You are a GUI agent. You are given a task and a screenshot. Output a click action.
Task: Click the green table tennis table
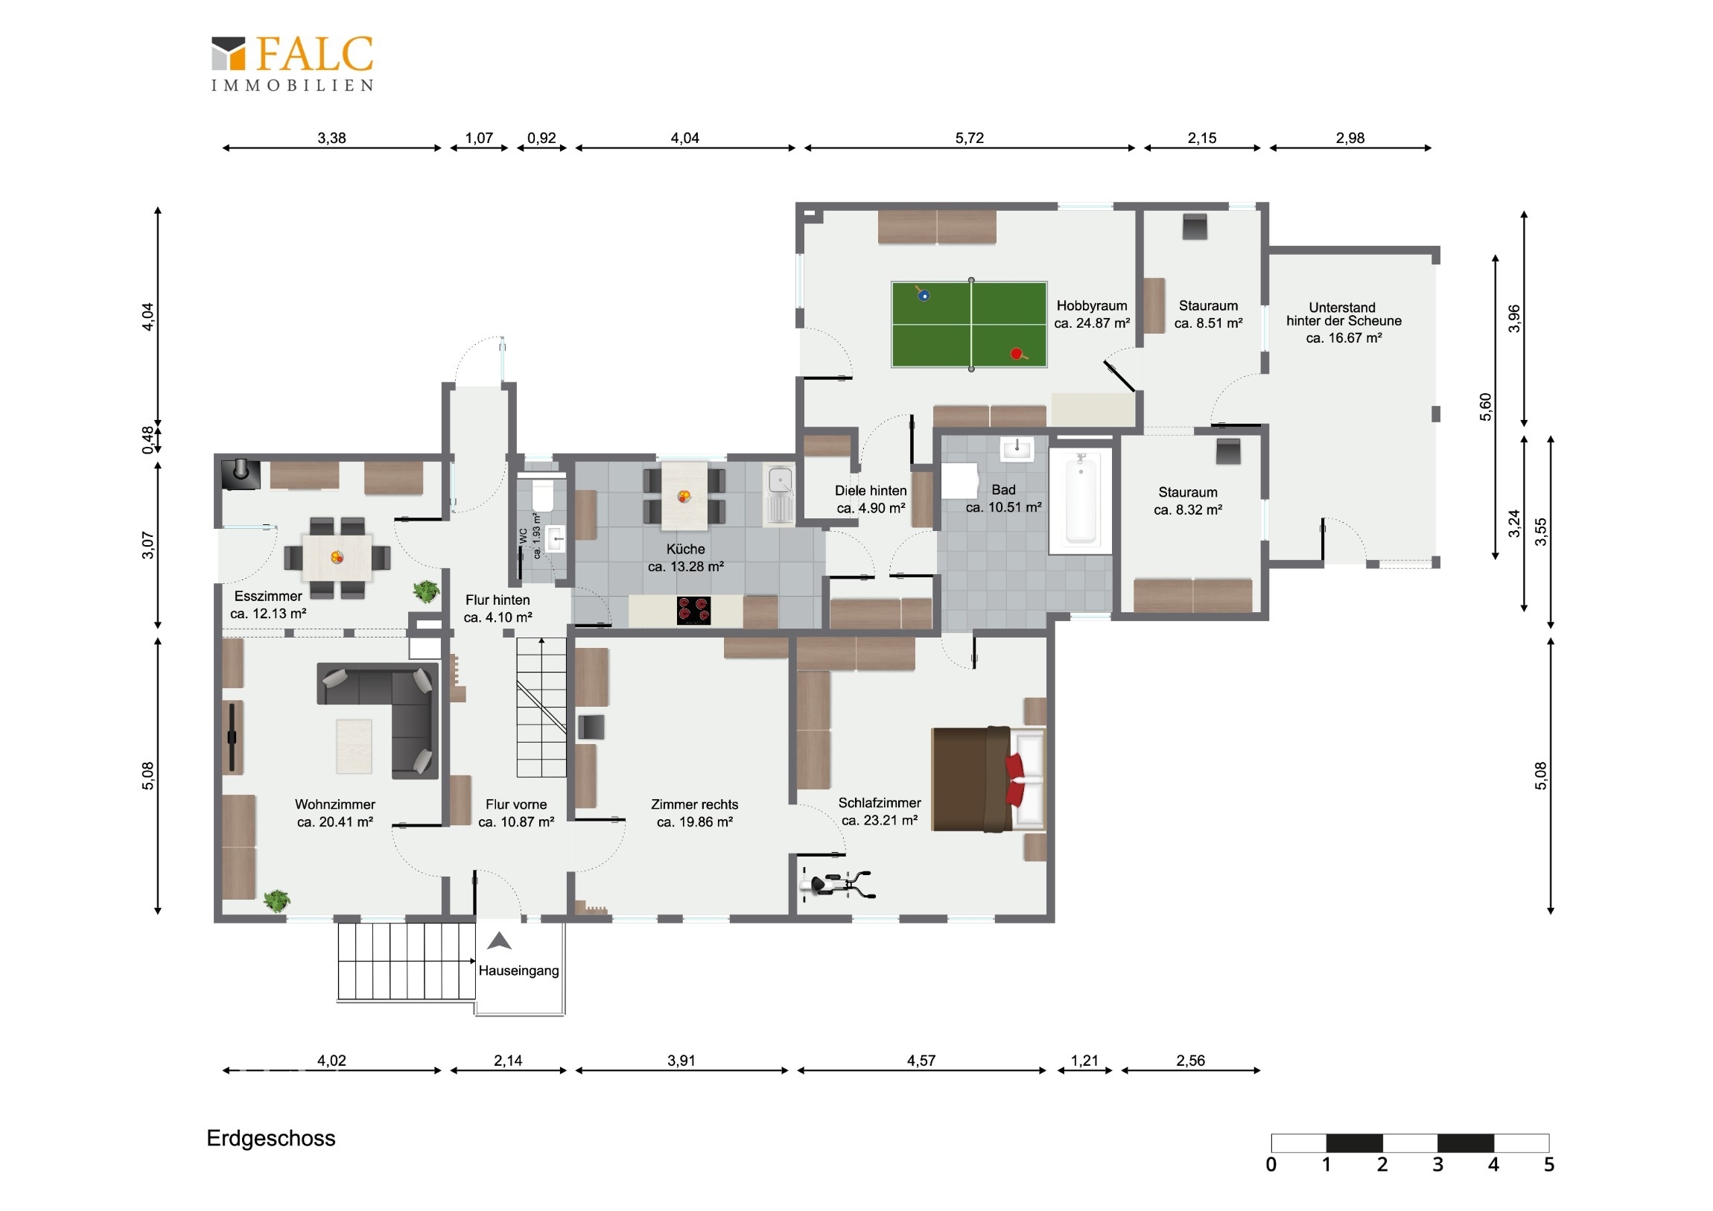[969, 325]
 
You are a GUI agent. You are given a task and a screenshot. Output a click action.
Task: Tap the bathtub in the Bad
[1081, 500]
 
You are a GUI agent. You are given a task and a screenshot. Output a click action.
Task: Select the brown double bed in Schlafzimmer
[988, 778]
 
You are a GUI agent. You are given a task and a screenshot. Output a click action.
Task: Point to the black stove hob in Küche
[693, 611]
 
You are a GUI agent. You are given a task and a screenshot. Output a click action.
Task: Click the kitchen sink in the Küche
[780, 495]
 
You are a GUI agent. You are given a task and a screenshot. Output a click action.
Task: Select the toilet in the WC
[542, 493]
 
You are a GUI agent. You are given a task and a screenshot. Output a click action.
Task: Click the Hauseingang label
[518, 970]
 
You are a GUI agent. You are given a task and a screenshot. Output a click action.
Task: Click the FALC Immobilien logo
[293, 63]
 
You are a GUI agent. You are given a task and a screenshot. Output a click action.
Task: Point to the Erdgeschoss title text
[271, 1139]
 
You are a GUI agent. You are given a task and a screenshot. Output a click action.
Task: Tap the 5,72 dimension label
[969, 138]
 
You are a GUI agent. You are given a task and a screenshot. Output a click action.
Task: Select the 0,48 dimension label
[147, 439]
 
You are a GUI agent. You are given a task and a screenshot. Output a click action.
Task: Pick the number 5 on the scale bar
[1549, 1165]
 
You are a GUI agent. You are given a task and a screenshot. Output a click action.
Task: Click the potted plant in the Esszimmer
[426, 591]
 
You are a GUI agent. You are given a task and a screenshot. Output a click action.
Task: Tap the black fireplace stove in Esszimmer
[241, 474]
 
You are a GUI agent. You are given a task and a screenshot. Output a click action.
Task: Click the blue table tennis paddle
[923, 294]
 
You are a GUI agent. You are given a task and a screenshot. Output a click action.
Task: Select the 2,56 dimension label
[1190, 1061]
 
